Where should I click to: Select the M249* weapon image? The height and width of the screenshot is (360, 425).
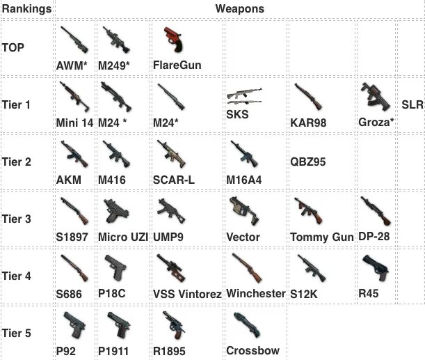(114, 40)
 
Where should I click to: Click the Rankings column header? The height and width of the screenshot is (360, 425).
(26, 10)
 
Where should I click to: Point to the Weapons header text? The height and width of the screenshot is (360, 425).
(239, 10)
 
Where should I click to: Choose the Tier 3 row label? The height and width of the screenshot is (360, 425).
(17, 219)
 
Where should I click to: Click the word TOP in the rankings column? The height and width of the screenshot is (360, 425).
(14, 47)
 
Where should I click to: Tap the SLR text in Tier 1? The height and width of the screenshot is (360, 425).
(412, 105)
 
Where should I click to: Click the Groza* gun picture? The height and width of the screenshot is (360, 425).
(374, 97)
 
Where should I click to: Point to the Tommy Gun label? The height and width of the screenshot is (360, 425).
(322, 237)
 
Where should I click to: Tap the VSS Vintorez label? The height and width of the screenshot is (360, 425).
(187, 294)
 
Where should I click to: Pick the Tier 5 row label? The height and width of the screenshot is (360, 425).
(17, 333)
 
